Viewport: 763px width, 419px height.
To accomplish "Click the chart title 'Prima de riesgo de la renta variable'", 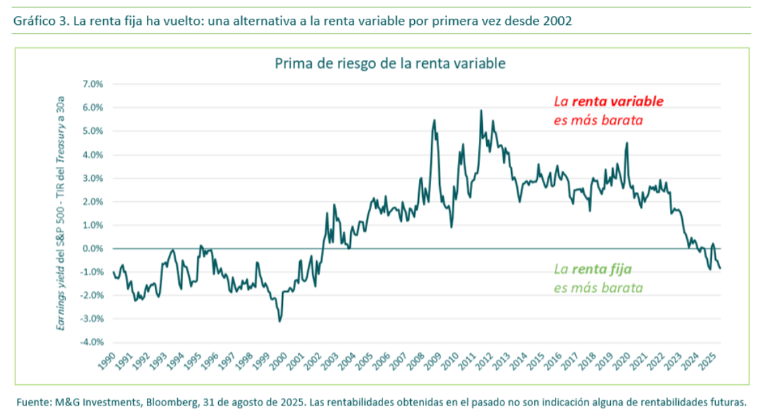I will click(x=390, y=64).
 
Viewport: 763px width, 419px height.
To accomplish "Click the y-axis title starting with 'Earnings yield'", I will click(x=61, y=213).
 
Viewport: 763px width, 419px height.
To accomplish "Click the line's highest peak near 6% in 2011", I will click(x=481, y=110).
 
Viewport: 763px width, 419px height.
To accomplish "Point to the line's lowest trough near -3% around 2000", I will click(x=279, y=321).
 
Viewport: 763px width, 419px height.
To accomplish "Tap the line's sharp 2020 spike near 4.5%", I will click(x=627, y=143).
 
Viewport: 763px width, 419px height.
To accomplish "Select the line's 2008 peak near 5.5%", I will click(x=434, y=120).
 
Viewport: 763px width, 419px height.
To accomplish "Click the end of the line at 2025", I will click(x=720, y=268).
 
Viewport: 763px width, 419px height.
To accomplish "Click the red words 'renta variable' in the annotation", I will click(x=618, y=102).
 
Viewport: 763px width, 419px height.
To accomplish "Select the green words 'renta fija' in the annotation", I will click(x=601, y=270).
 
